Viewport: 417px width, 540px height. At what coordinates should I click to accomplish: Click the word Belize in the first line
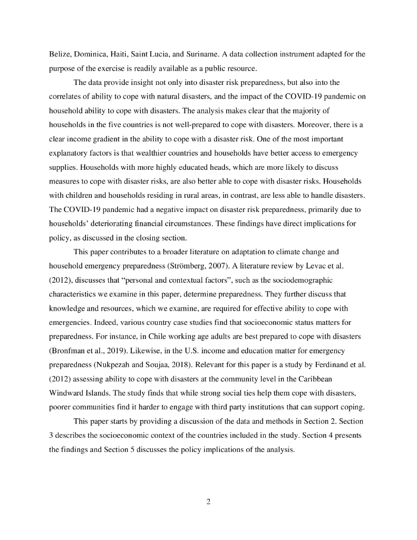click(60, 54)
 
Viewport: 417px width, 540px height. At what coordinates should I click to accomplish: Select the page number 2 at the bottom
click(208, 502)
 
